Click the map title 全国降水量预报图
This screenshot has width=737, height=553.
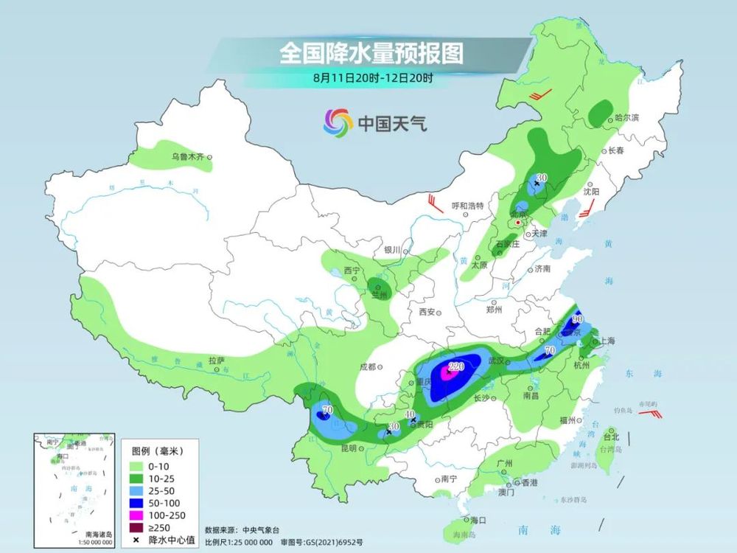pos(371,53)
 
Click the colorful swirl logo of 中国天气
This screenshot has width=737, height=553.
pos(338,122)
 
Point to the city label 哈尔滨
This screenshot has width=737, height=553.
pos(626,118)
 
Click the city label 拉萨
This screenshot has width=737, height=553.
pos(215,361)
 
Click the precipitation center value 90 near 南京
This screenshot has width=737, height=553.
pos(578,320)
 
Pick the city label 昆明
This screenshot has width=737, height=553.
pos(348,448)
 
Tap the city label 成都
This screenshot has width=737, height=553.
pos(367,366)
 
